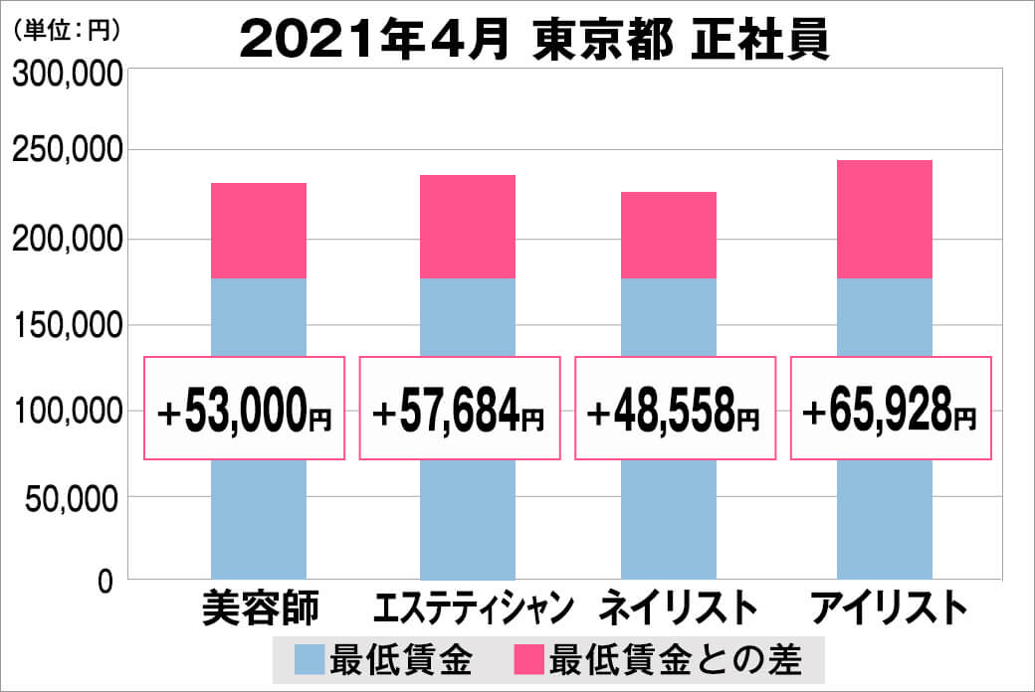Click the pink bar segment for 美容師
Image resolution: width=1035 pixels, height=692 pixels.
[x=259, y=231]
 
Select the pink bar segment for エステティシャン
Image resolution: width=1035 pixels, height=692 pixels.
[x=468, y=227]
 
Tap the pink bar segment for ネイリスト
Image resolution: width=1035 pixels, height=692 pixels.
[x=668, y=235]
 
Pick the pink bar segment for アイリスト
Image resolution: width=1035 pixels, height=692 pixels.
[x=885, y=219]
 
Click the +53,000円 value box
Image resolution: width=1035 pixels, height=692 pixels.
[x=245, y=408]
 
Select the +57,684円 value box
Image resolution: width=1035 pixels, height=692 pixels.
[x=459, y=408]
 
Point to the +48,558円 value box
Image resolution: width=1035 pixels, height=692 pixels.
[x=675, y=408]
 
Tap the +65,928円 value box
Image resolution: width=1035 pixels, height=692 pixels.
[x=891, y=408]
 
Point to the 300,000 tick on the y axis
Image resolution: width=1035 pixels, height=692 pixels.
[x=67, y=75]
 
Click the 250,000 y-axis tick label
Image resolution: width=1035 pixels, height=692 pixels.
[x=67, y=152]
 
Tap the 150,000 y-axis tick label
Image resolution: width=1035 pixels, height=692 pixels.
[x=67, y=325]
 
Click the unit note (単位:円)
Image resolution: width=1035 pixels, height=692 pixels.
[x=67, y=31]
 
